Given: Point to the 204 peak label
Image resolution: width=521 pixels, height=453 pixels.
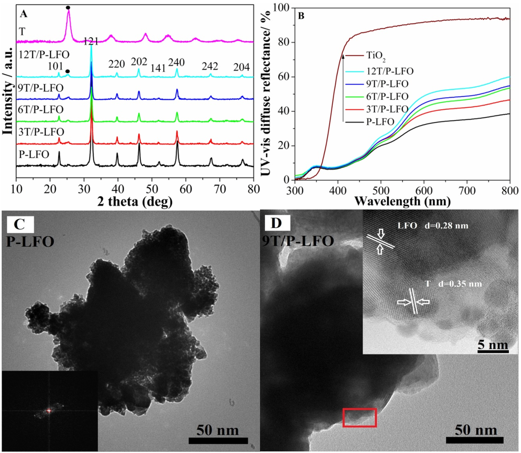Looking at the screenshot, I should pos(242,67).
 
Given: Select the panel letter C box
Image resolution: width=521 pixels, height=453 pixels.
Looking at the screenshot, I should pos(20,224).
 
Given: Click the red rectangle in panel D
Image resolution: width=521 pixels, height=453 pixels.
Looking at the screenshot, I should pos(360,417).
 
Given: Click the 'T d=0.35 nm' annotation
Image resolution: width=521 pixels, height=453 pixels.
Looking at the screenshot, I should pos(453,283).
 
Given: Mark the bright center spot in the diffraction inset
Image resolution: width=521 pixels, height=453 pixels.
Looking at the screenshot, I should pos(48,410).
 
